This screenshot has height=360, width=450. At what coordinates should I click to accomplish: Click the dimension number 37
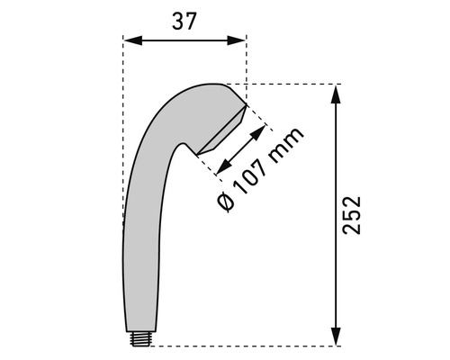(184, 21)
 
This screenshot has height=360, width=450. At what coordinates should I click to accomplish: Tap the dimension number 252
(352, 215)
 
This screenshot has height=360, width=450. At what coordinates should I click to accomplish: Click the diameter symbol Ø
(225, 202)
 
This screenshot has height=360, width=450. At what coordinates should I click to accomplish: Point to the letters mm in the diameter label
(285, 145)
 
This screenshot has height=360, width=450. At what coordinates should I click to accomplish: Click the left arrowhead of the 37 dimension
(132, 40)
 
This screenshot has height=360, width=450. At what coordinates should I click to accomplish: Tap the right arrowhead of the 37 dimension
(237, 40)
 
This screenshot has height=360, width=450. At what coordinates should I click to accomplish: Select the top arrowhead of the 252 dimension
(336, 94)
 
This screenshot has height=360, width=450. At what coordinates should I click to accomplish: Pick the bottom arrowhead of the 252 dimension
(336, 336)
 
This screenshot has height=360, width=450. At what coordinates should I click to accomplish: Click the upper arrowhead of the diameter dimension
(257, 133)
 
